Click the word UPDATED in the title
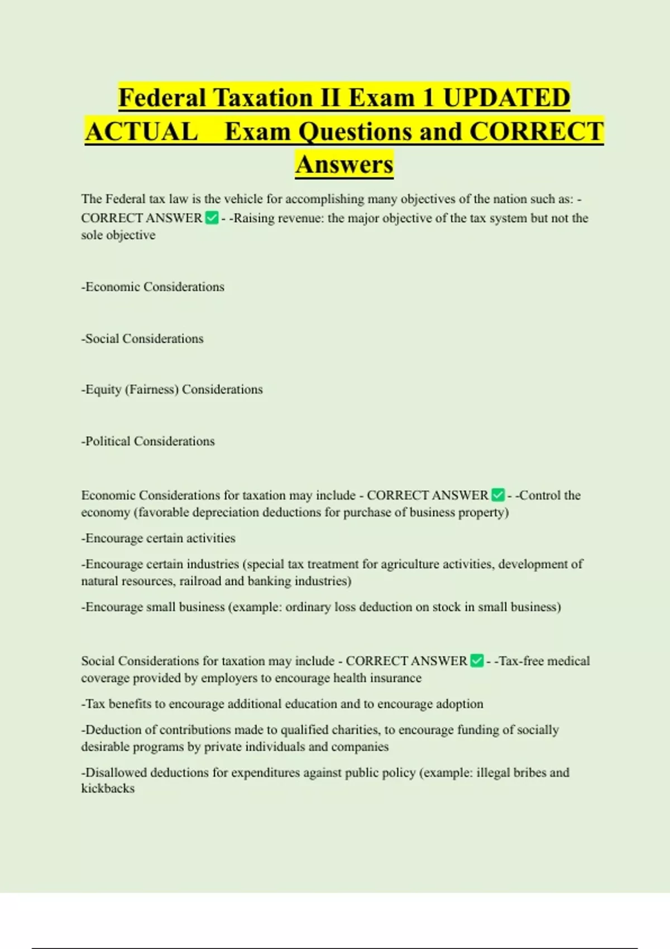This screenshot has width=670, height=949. pos(506,98)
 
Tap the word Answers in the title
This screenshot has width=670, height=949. pos(344,164)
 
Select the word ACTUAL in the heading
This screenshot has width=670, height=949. pos(142,132)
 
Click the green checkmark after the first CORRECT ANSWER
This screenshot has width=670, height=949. pos(212,218)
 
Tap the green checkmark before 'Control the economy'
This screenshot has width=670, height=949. pos(498,495)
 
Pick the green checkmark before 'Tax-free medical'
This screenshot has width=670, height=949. pos(477,661)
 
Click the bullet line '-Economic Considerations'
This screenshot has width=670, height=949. pos(152,287)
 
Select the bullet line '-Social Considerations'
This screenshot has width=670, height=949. pos(142,339)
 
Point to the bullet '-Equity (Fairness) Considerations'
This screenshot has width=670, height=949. pos(172,390)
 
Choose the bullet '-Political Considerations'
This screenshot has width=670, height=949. pos(148,442)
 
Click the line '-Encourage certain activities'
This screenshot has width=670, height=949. pos(158,538)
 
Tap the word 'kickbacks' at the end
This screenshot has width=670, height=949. pos(108,789)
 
